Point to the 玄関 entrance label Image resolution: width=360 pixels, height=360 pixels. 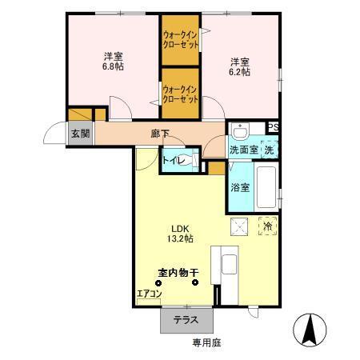click(x=78, y=134)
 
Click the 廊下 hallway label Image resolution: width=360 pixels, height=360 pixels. click(x=160, y=134)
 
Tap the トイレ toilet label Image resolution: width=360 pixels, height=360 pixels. click(x=174, y=161)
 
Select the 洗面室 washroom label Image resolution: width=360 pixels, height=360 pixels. click(x=242, y=150)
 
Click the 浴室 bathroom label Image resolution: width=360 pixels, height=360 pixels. click(x=241, y=188)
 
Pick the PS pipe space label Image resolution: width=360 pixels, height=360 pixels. click(x=273, y=127)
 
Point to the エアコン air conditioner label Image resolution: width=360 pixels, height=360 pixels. click(x=150, y=294)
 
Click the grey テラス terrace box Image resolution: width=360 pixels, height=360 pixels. click(x=186, y=320)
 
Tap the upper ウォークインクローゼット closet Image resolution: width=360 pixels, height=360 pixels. click(x=180, y=39)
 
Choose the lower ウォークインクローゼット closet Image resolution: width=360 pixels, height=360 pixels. click(x=180, y=94)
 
